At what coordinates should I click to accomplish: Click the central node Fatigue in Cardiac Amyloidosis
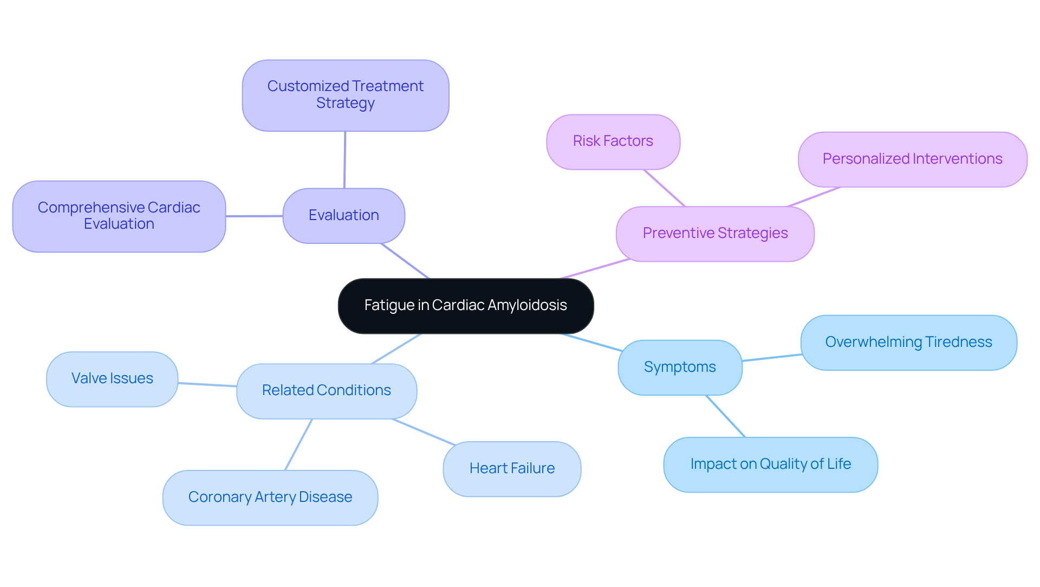[465, 306]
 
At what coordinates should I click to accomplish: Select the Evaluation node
[343, 216]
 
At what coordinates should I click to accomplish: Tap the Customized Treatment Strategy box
[345, 95]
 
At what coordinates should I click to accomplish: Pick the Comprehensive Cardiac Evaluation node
[119, 216]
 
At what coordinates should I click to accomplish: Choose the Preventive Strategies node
[714, 234]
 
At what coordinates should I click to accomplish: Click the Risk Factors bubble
[613, 141]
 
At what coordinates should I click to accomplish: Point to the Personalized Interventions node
[912, 159]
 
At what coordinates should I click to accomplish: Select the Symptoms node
[679, 367]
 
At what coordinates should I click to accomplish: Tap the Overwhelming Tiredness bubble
[908, 343]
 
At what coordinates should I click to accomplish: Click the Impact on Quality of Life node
[770, 465]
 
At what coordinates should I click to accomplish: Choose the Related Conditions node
[326, 391]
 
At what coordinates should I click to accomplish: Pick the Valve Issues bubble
[112, 379]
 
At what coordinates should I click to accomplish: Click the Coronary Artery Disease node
[270, 498]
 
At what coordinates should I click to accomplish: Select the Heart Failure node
[511, 469]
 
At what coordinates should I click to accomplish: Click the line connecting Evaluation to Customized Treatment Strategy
[344, 160]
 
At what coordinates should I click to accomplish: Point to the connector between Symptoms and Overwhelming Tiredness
[771, 358]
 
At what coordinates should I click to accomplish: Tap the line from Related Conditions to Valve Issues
[207, 385]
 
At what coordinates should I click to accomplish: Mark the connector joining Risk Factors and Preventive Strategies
[664, 188]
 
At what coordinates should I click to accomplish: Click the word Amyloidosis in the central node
[527, 306]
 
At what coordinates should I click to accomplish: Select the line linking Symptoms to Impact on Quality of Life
[725, 416]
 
